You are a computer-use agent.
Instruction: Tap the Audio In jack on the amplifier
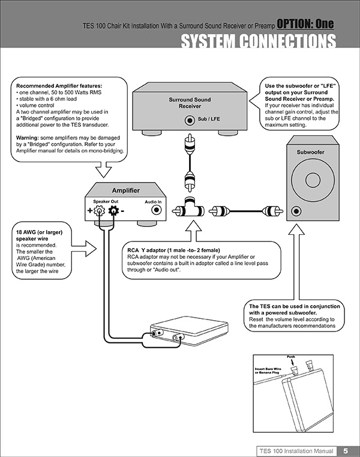157,211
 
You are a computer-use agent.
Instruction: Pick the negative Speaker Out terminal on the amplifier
112,211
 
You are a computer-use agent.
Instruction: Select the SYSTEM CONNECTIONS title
257,41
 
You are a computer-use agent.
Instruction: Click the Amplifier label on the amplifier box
126,190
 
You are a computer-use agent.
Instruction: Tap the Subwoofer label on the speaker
310,153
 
